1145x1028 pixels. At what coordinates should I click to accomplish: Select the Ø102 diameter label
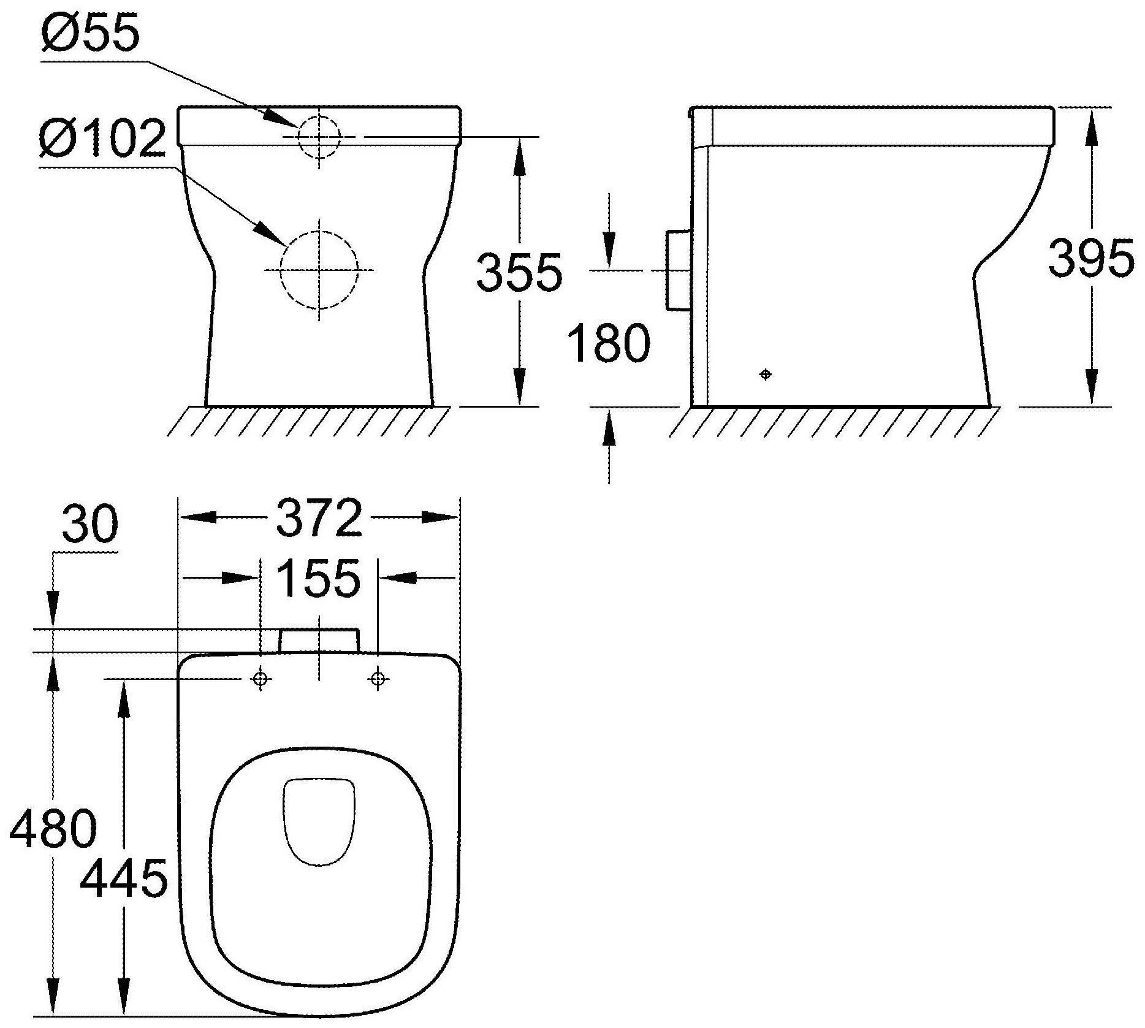click(102, 139)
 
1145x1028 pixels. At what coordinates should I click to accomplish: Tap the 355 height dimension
click(519, 272)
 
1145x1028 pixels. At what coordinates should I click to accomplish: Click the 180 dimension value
click(608, 343)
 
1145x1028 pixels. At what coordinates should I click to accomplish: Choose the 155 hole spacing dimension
click(318, 578)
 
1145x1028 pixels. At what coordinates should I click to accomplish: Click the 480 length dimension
click(53, 828)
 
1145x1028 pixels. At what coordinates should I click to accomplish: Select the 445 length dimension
click(124, 877)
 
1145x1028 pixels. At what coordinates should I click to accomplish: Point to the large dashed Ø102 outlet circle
click(319, 270)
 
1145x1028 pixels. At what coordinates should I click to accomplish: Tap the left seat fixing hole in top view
click(261, 679)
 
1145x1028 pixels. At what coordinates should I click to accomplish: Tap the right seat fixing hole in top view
click(378, 679)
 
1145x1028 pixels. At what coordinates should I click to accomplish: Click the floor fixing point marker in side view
click(765, 374)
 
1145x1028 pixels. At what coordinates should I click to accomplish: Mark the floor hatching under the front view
click(306, 421)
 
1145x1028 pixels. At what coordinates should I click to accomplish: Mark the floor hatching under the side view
click(834, 421)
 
